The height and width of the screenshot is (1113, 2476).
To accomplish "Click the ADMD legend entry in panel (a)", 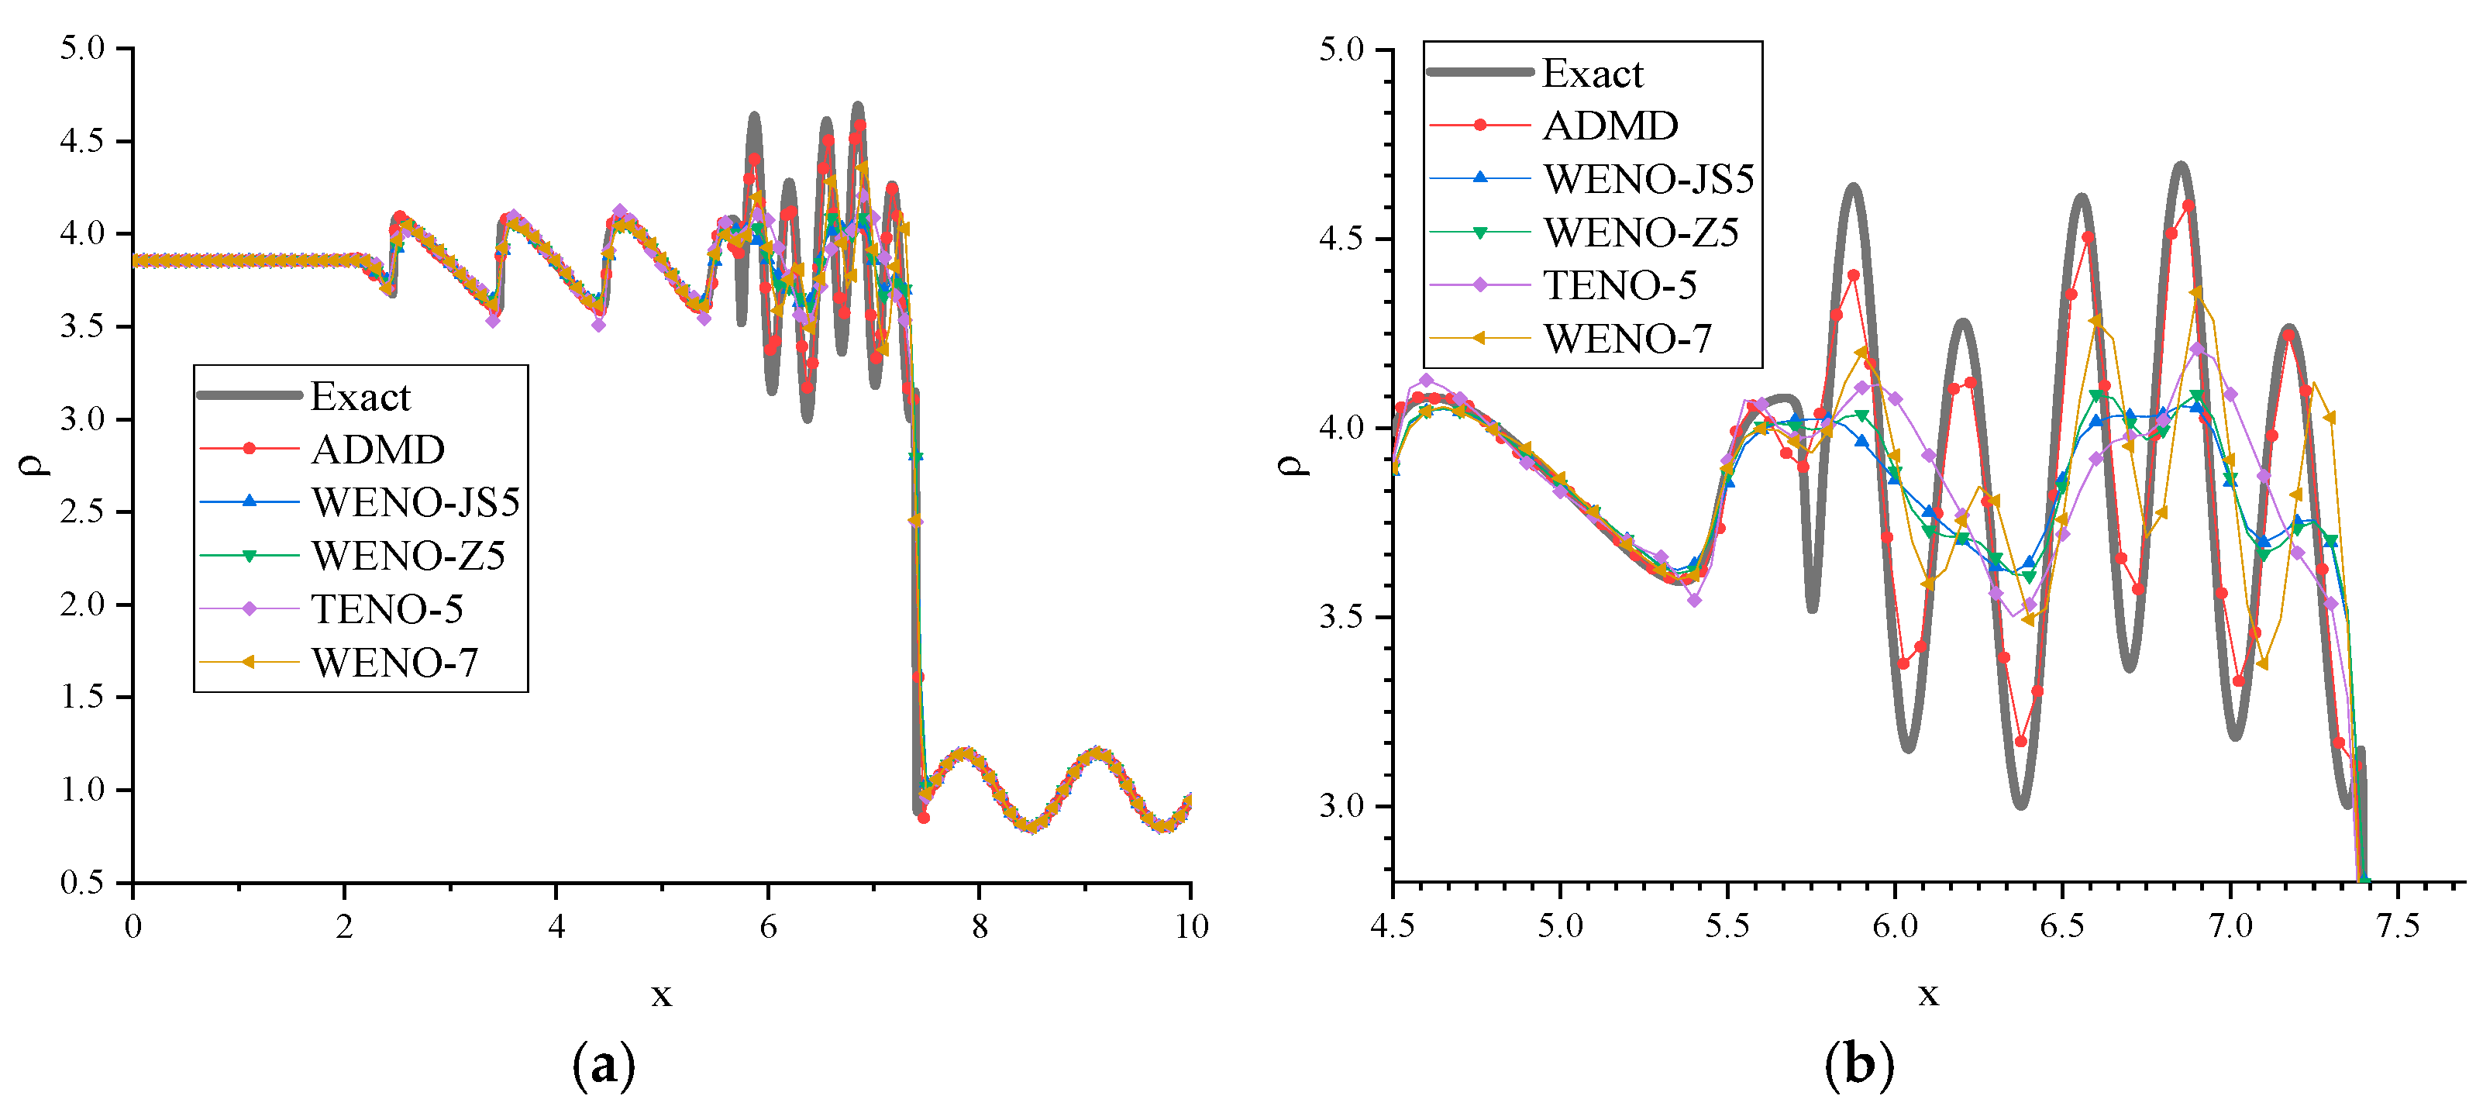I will pyautogui.click(x=377, y=449).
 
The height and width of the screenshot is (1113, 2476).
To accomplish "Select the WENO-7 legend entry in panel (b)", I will pyautogui.click(x=1627, y=339).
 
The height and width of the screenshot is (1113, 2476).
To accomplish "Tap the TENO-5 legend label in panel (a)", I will pyautogui.click(x=387, y=608).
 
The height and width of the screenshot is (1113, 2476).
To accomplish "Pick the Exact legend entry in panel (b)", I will pyautogui.click(x=1593, y=73).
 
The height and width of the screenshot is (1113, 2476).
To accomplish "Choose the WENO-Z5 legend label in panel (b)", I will pyautogui.click(x=1641, y=232).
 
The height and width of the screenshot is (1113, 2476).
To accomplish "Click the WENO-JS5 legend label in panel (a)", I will pyautogui.click(x=415, y=501).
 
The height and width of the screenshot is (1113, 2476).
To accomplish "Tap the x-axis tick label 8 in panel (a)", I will pyautogui.click(x=980, y=926).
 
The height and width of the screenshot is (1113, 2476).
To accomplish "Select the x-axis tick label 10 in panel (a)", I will pyautogui.click(x=1191, y=926).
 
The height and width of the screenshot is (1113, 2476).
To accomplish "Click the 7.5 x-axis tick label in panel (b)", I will pyautogui.click(x=2397, y=926).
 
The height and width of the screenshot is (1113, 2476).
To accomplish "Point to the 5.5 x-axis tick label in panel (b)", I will pyautogui.click(x=1727, y=926).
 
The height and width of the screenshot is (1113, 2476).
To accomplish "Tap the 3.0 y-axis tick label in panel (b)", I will pyautogui.click(x=1341, y=805).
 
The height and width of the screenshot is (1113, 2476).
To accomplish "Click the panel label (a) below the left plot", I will pyautogui.click(x=604, y=1065).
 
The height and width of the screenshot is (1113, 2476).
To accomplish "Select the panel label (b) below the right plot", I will pyautogui.click(x=1859, y=1065).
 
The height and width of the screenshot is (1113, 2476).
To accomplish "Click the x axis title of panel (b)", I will pyautogui.click(x=1928, y=994).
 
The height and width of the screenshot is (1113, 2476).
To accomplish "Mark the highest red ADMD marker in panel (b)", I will pyautogui.click(x=2188, y=205).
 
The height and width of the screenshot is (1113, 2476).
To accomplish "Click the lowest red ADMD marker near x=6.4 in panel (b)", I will pyautogui.click(x=2020, y=741).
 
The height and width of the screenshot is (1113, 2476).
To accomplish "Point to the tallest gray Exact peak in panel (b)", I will pyautogui.click(x=2181, y=167).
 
